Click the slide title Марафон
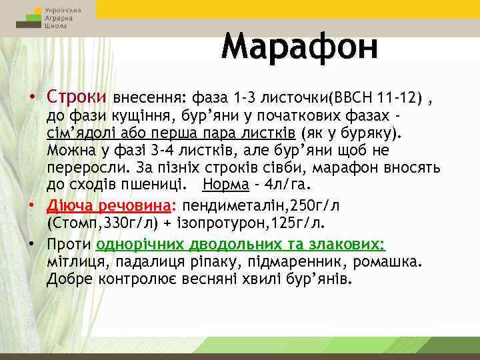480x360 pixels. (299, 46)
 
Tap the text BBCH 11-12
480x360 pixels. (381, 98)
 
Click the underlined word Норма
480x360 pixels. (225, 183)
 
